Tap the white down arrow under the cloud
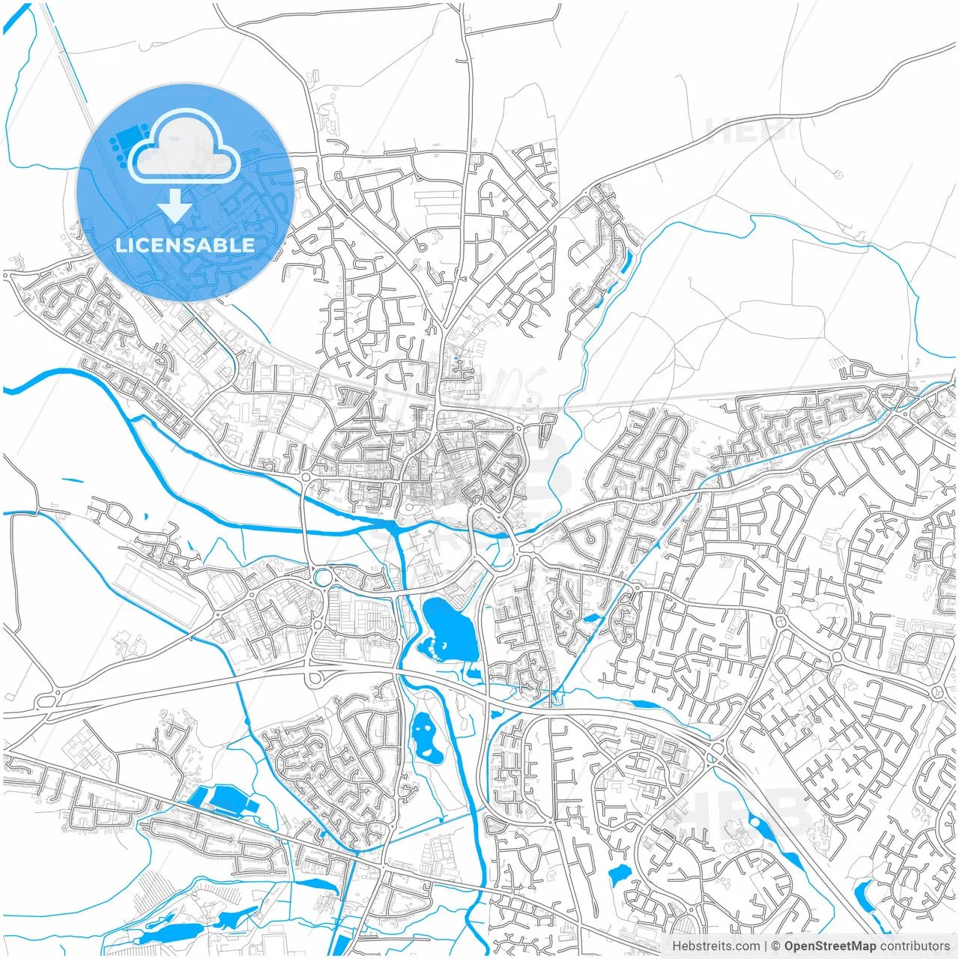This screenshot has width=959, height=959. click(175, 205)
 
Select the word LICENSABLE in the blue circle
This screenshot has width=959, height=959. click(185, 245)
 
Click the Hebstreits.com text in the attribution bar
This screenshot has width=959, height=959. click(716, 946)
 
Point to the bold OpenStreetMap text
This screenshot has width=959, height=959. click(829, 946)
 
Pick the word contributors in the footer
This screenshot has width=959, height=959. click(915, 946)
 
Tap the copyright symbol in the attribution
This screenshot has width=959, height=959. click(775, 946)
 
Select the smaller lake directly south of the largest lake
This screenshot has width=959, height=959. click(423, 736)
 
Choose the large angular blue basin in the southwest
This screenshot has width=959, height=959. click(226, 800)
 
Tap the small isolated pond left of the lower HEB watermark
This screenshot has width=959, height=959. click(620, 874)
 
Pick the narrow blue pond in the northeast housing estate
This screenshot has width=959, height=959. click(626, 261)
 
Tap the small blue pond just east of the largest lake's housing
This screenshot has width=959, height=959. click(591, 619)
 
